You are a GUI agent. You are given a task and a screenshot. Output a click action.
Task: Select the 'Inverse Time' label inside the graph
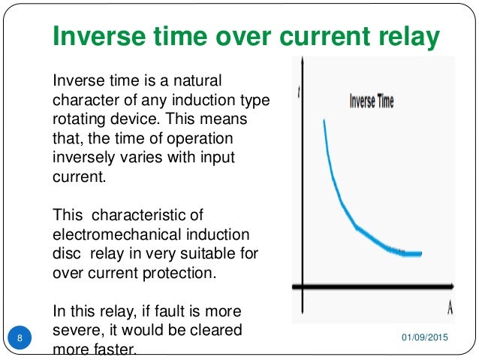371,101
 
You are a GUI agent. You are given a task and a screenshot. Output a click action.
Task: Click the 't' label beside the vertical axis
300,93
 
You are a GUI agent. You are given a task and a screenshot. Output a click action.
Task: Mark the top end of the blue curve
324,120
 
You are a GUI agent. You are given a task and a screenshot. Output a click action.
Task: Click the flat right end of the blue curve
417,254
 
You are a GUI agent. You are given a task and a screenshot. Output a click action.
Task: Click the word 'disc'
65,253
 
